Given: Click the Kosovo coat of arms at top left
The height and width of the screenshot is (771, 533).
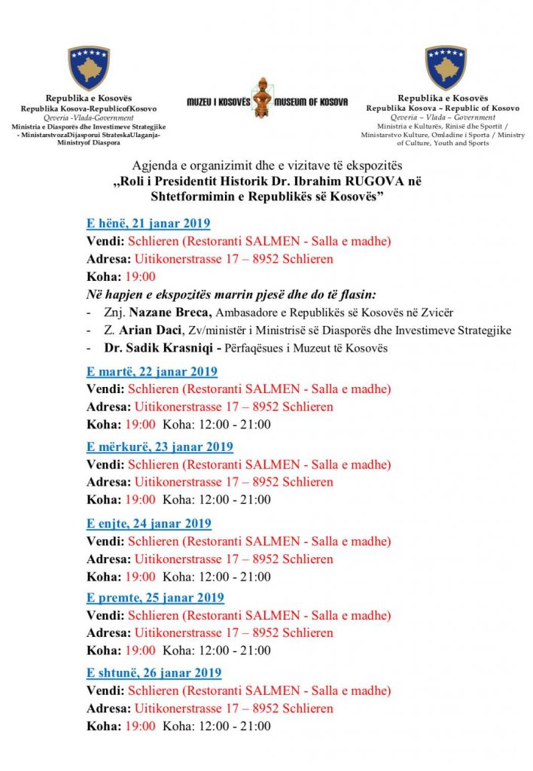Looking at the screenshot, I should (x=89, y=68).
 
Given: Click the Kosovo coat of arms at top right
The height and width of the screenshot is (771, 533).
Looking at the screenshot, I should (x=446, y=68).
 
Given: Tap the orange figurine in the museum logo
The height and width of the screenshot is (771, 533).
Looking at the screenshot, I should (x=261, y=98).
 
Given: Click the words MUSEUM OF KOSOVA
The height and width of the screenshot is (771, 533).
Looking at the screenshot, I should (x=312, y=102).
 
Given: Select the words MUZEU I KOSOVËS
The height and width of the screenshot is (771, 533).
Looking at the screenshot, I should (x=218, y=102).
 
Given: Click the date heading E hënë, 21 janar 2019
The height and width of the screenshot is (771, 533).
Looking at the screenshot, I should (x=148, y=223).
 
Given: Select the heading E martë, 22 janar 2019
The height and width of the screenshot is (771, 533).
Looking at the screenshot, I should (x=152, y=371).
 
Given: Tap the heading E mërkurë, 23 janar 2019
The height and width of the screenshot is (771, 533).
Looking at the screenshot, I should (x=160, y=446).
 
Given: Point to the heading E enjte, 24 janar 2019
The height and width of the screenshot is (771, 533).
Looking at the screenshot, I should (x=149, y=523).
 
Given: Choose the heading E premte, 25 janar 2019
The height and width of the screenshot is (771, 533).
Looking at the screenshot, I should (x=155, y=598).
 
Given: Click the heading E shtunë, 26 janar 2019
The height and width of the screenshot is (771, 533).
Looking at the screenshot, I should (x=154, y=672).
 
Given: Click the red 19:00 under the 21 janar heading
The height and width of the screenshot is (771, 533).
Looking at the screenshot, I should (x=141, y=276).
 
